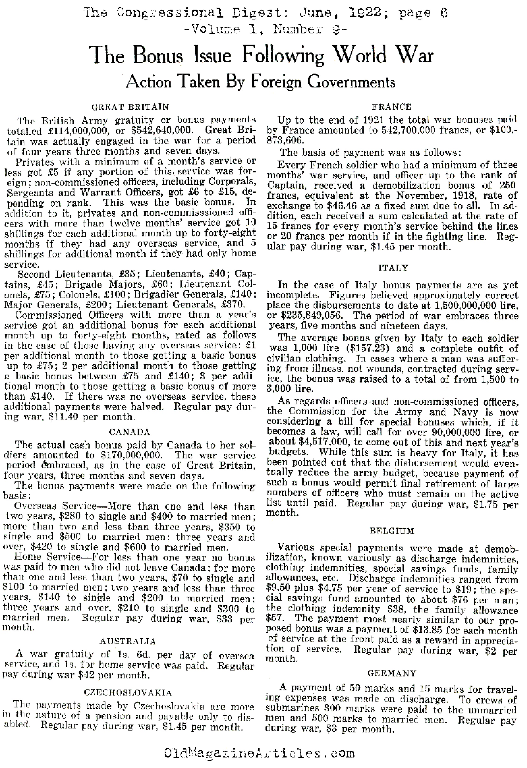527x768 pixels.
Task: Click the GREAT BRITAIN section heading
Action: point(130,107)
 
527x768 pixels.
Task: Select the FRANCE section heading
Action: point(392,107)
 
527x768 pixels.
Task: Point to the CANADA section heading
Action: point(129,432)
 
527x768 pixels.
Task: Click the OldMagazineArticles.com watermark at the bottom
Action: point(259,754)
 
